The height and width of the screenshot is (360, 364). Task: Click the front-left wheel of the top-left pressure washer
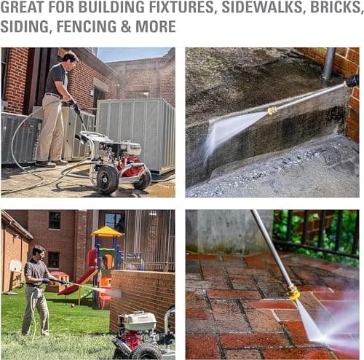106,180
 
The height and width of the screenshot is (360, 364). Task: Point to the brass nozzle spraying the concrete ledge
272,111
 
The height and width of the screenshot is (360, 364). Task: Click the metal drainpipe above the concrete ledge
328,64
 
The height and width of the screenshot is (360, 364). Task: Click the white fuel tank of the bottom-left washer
138,321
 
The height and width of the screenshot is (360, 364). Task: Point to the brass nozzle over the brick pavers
293,293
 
